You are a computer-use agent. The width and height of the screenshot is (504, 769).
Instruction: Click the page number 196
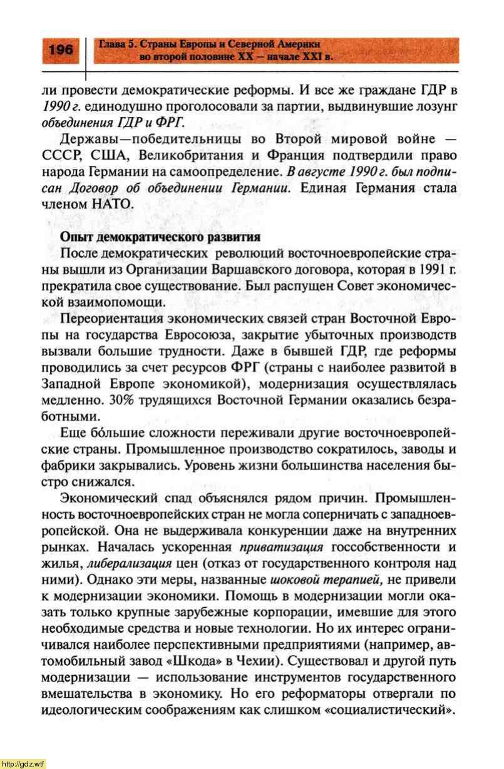[x=60, y=49]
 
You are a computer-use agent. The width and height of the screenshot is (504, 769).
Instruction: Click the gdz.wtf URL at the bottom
[x=23, y=763]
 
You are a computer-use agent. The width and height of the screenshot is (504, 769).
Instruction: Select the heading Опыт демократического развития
[x=160, y=238]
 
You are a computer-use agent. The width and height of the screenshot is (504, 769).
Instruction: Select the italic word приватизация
[x=280, y=547]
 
